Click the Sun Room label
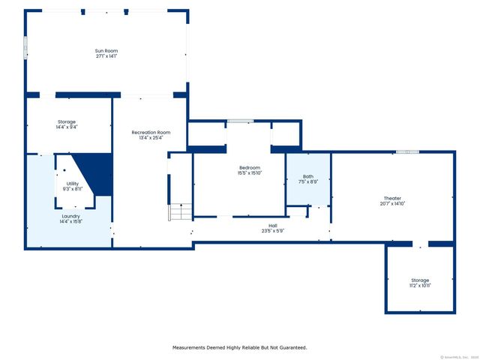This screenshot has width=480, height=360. (106, 51)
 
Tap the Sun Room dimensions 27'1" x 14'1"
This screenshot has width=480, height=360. (106, 56)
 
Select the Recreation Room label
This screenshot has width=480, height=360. (145, 132)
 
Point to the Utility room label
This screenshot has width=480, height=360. (72, 183)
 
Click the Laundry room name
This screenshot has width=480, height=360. (71, 216)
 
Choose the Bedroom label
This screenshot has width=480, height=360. (250, 167)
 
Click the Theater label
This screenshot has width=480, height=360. (393, 198)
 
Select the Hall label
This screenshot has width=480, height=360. (273, 225)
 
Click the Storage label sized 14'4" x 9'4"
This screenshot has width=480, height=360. (67, 121)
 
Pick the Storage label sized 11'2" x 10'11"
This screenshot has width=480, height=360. (420, 280)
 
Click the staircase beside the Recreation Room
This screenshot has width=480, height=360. (180, 212)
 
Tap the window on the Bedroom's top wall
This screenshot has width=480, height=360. (240, 121)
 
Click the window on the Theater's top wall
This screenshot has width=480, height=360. (407, 152)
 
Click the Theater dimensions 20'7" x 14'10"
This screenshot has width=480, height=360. (393, 203)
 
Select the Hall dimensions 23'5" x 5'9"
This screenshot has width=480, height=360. (273, 230)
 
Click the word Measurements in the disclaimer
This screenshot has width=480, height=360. (191, 347)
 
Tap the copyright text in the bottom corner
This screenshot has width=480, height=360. (457, 356)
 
